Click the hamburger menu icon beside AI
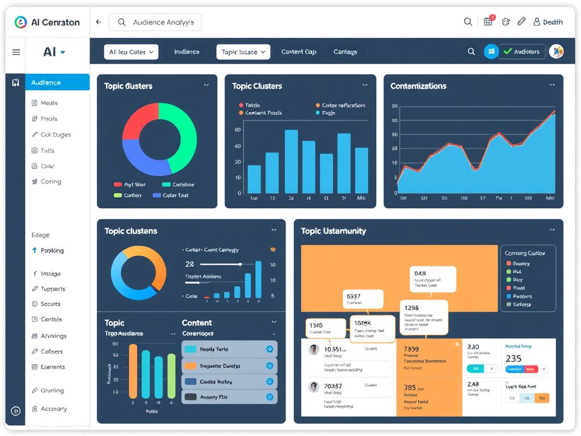pos(16,52)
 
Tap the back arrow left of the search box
pos(99,22)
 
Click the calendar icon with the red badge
pos(488,22)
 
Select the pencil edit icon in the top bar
pos(521,22)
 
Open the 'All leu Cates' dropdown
pos(130,52)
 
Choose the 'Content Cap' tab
pos(298,52)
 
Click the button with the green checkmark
pos(522,52)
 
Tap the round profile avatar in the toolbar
pos(556,52)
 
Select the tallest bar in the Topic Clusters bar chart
pos(291,161)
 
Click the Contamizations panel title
pos(418,86)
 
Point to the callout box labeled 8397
pos(364,299)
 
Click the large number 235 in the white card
pos(513,359)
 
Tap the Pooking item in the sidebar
pos(52,250)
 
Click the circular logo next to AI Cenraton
pos(20,22)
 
